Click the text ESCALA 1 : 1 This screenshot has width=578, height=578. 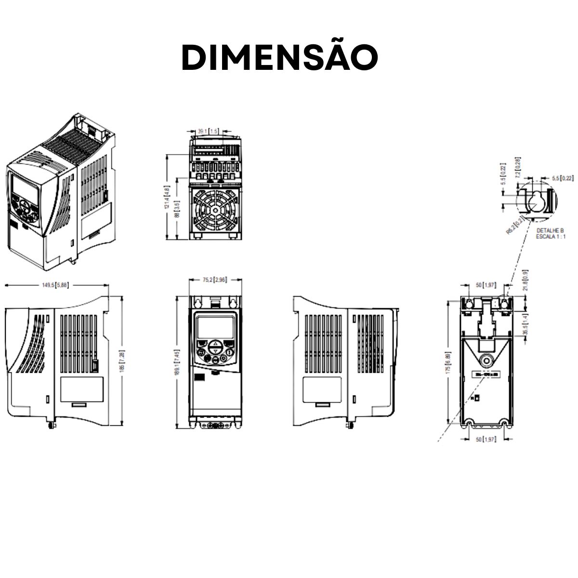(551, 237)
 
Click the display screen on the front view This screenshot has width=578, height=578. (215, 327)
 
